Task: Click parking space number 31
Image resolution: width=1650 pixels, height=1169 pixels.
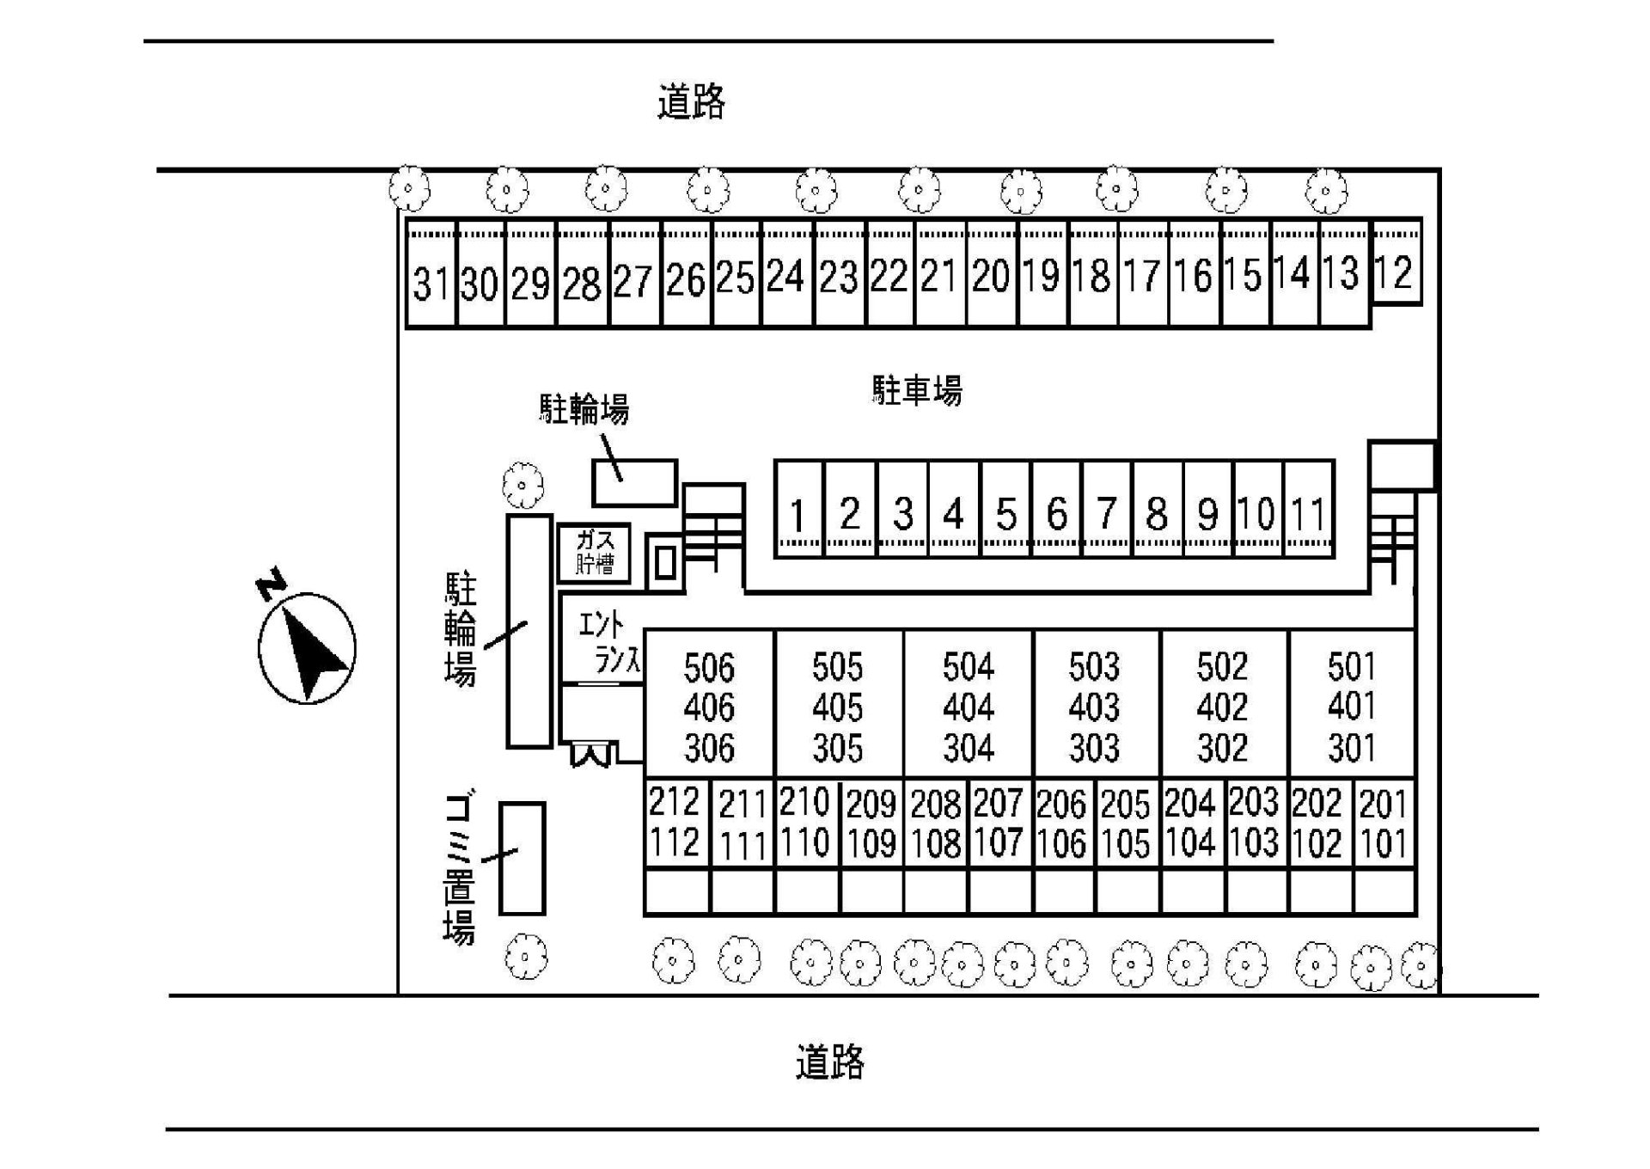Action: point(431,280)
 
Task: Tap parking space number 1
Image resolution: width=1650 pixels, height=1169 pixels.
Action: point(798,514)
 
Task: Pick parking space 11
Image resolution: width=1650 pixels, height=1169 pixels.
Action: point(1309,513)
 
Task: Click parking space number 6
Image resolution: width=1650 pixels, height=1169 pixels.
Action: point(1056,513)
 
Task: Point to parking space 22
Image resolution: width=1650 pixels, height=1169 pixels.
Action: point(889,277)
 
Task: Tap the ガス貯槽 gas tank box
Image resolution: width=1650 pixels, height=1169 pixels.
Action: point(594,553)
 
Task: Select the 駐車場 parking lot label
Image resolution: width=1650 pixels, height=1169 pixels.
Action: point(917,390)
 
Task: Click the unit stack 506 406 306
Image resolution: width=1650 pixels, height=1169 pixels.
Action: point(709,707)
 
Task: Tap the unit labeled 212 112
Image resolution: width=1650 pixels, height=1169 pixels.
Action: point(676,823)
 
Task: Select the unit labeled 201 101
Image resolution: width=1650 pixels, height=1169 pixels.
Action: point(1384,823)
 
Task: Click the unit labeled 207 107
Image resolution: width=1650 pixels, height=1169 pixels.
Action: point(999,823)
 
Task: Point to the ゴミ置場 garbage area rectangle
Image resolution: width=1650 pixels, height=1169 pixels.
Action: point(522,858)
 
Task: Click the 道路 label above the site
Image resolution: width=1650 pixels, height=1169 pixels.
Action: point(692,101)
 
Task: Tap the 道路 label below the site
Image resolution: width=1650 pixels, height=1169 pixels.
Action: point(829,1062)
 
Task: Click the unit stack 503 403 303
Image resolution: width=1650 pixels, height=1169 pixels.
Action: point(1095,707)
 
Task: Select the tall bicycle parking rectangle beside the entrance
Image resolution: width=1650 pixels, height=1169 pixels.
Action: point(529,631)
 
